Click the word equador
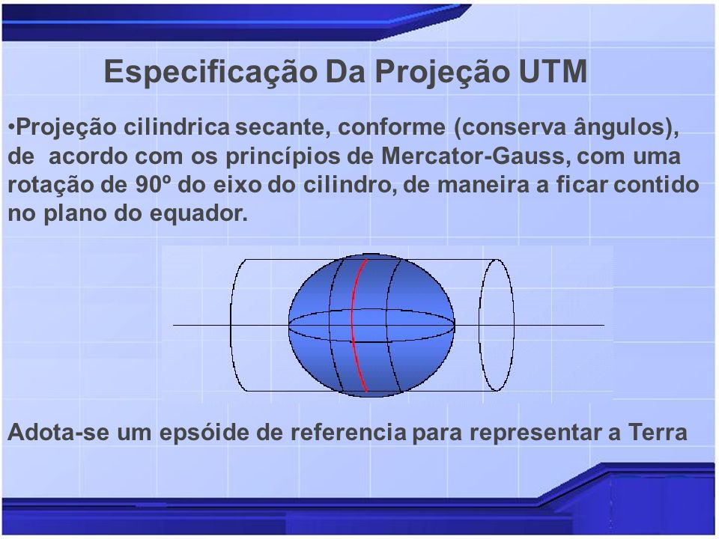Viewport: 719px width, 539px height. (198, 214)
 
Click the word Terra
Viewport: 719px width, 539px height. (658, 432)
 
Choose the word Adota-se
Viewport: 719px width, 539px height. (58, 432)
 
